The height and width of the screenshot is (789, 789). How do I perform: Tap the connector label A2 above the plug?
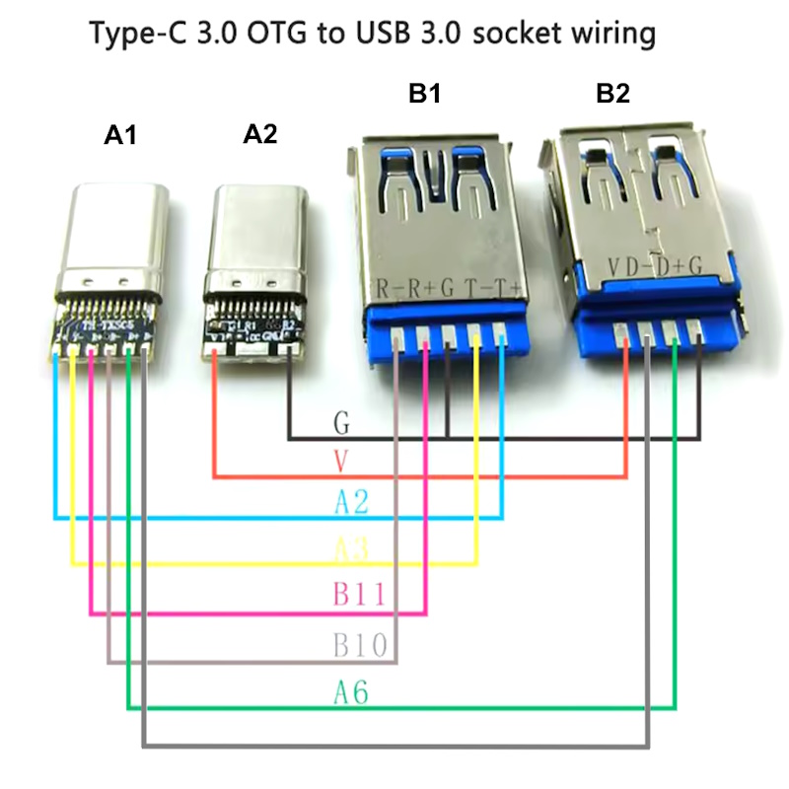click(259, 135)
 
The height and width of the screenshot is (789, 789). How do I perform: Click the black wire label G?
click(342, 425)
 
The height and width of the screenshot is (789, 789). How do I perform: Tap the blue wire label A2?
click(351, 502)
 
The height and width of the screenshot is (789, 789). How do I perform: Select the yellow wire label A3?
click(351, 548)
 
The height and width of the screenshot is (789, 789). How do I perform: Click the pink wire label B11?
click(358, 595)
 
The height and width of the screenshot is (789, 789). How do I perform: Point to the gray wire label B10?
click(358, 646)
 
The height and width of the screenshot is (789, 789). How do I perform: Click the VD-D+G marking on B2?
click(654, 266)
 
